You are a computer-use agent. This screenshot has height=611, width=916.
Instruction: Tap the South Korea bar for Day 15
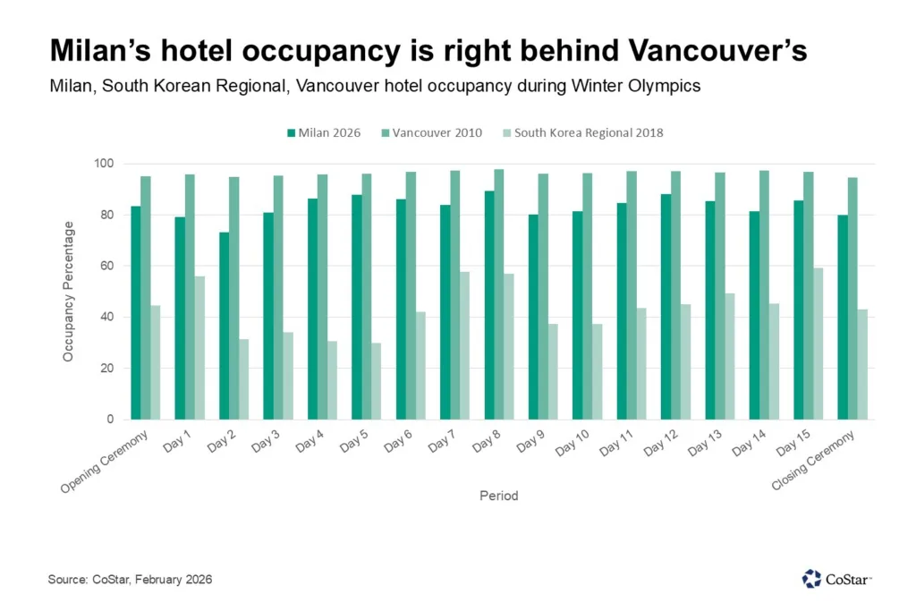pyautogui.click(x=818, y=344)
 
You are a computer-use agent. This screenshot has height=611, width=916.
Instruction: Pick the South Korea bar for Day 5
pyautogui.click(x=377, y=381)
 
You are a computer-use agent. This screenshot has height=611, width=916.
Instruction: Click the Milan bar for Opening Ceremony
pyautogui.click(x=135, y=313)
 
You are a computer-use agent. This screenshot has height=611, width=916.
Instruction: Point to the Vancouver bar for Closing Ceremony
pyautogui.click(x=852, y=299)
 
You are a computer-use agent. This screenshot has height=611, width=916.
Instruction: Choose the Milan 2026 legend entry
pyautogui.click(x=323, y=132)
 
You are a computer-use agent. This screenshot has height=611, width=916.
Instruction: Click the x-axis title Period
pyautogui.click(x=498, y=495)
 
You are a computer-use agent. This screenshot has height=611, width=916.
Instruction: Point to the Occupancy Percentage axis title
pyautogui.click(x=69, y=292)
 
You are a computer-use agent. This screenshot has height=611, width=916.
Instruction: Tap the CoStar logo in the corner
pyautogui.click(x=836, y=579)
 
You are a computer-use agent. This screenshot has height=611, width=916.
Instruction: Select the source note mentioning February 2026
pyautogui.click(x=131, y=580)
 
